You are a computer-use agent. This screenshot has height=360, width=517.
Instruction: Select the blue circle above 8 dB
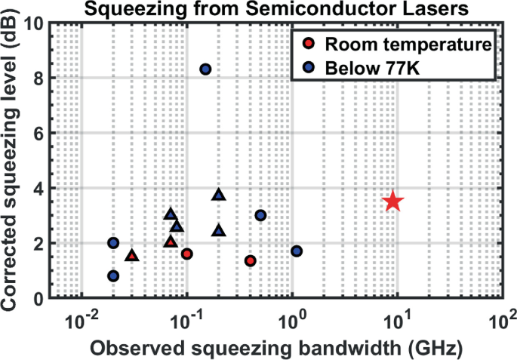pyautogui.click(x=205, y=69)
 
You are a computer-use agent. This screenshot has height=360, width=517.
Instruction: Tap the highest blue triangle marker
pyautogui.click(x=219, y=195)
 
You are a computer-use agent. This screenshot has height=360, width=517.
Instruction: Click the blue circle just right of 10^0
pyautogui.click(x=297, y=251)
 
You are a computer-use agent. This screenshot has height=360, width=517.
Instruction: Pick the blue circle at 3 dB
pyautogui.click(x=261, y=215)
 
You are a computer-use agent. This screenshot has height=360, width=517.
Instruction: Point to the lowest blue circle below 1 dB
pyautogui.click(x=113, y=276)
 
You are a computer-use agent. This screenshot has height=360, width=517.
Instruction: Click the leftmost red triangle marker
pyautogui.click(x=132, y=256)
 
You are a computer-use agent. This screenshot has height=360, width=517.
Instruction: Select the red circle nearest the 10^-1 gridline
pyautogui.click(x=187, y=254)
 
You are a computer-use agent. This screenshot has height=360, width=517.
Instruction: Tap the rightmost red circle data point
pyautogui.click(x=251, y=260)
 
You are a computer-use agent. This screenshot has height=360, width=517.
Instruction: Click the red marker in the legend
pyautogui.click(x=307, y=44)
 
